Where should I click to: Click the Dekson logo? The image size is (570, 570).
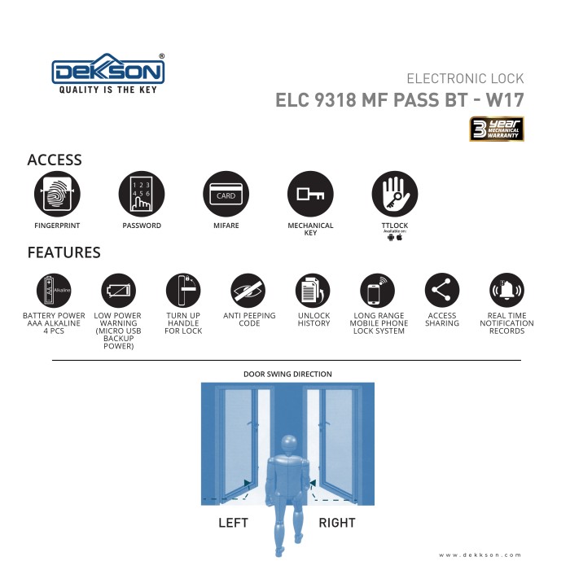click(109, 73)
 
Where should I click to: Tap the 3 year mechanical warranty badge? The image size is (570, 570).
click(496, 129)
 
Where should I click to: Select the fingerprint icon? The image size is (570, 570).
click(57, 195)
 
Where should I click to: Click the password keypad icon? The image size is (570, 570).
click(142, 195)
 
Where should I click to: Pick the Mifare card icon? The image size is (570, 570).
click(226, 195)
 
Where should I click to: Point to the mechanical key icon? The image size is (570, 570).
click(310, 195)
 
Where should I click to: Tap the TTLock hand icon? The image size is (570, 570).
click(394, 195)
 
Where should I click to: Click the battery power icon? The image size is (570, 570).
click(54, 290)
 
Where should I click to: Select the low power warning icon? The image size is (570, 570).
click(118, 290)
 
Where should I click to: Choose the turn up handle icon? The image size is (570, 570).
click(183, 290)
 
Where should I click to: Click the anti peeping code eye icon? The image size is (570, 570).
click(248, 290)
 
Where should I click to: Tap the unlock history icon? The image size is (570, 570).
click(313, 290)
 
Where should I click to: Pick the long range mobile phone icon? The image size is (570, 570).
click(378, 290)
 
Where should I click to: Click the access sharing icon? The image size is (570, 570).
click(442, 290)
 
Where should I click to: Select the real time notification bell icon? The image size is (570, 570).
click(506, 290)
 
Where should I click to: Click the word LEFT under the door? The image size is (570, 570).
click(233, 522)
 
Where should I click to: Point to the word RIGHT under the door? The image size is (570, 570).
click(337, 522)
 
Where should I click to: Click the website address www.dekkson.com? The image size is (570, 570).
click(480, 555)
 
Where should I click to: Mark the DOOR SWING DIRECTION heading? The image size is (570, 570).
click(287, 375)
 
